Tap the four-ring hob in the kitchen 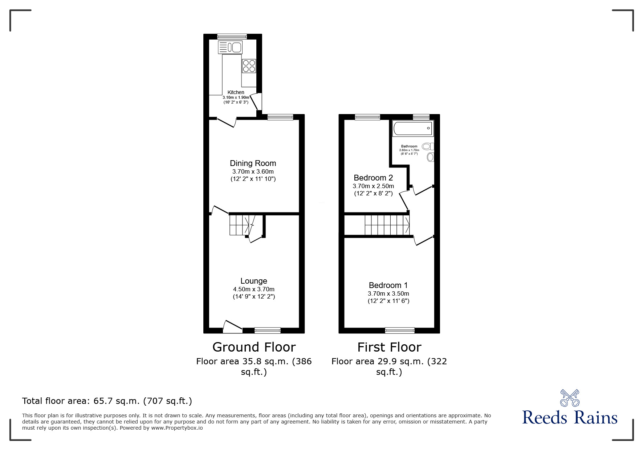(x=249, y=66)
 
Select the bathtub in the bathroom (x=413, y=129)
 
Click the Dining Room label (x=253, y=163)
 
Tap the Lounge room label (x=254, y=281)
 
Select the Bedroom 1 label (x=388, y=285)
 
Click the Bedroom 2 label (x=373, y=178)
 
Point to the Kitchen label (x=236, y=92)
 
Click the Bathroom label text (x=409, y=146)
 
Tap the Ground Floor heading (x=254, y=347)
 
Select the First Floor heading (x=389, y=347)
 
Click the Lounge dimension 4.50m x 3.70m (x=254, y=289)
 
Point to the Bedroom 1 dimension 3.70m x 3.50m (x=388, y=293)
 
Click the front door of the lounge (x=232, y=327)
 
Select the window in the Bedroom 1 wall (x=400, y=330)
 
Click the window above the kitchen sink (x=232, y=36)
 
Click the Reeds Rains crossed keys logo (x=570, y=398)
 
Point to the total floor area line (x=107, y=401)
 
